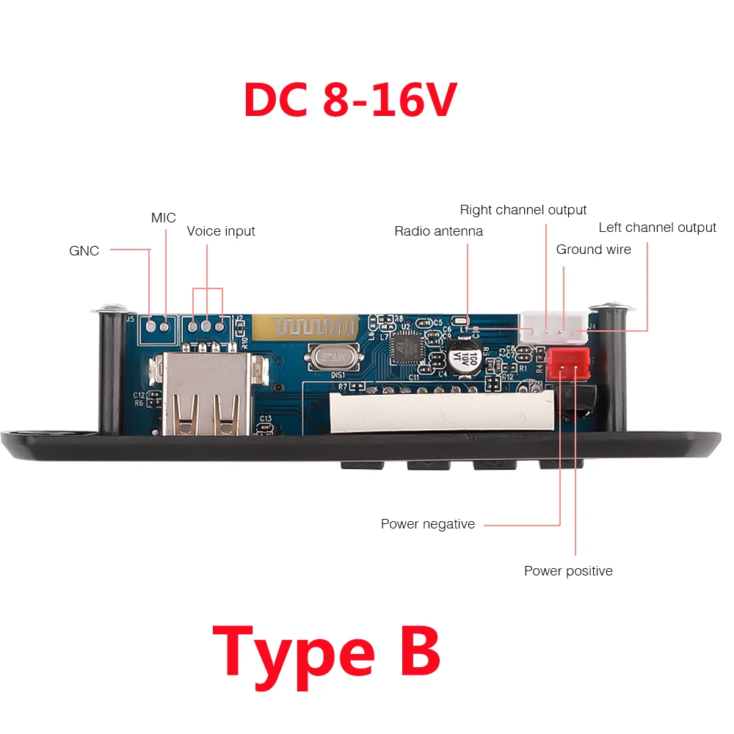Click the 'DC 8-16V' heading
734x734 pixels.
pos(350,101)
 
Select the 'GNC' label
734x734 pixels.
pos(84,251)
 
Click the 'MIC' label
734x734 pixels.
pos(164,218)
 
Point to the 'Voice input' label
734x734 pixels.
pos(221,231)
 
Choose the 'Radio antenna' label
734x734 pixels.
pos(438,231)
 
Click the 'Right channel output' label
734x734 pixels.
pos(523,210)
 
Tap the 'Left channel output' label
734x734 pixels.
pos(657,228)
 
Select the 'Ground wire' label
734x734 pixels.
pos(593,250)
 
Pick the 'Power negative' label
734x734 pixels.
pos(427,524)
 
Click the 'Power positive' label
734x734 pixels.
pos(568,571)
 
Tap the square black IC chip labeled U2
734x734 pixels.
pos(407,344)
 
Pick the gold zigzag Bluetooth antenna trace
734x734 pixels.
pos(305,327)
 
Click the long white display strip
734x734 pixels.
pos(440,410)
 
